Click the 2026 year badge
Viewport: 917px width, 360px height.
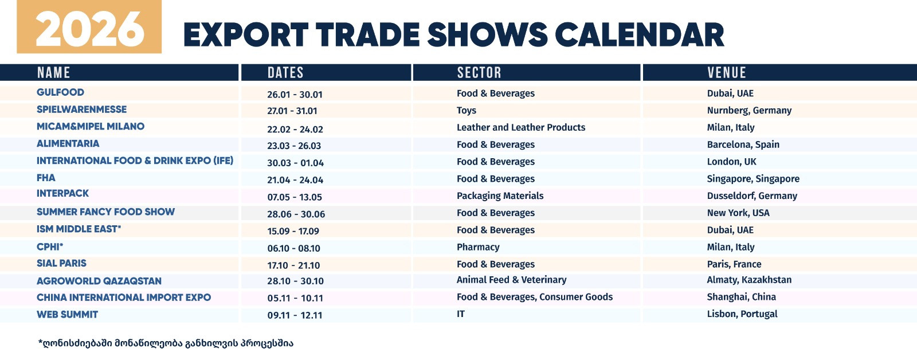coord(89,26)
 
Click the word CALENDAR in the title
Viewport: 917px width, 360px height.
coord(640,35)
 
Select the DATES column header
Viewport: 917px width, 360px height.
coord(285,72)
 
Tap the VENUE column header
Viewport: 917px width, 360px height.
coord(727,72)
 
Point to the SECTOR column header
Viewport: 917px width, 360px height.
coord(479,72)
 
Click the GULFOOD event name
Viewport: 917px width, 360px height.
coord(60,92)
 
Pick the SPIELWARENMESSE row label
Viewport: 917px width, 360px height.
coord(81,109)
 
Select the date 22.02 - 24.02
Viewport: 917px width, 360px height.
coord(295,129)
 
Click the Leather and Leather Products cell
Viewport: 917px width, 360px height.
coord(521,127)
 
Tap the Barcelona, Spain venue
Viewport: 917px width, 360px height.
coord(743,144)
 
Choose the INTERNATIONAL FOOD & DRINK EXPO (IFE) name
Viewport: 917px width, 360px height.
coord(135,161)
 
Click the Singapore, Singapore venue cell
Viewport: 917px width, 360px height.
coord(753,179)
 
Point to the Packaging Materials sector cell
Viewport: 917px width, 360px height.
coord(500,196)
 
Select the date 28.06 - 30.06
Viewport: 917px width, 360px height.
coord(296,214)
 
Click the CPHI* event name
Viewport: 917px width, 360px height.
coord(49,246)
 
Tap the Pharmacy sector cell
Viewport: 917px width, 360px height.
coord(478,248)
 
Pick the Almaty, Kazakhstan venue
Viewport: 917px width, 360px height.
coord(749,280)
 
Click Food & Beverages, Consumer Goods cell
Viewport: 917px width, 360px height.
coord(535,297)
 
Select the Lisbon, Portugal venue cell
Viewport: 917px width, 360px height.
coord(742,314)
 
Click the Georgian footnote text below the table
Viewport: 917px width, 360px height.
coord(166,343)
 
